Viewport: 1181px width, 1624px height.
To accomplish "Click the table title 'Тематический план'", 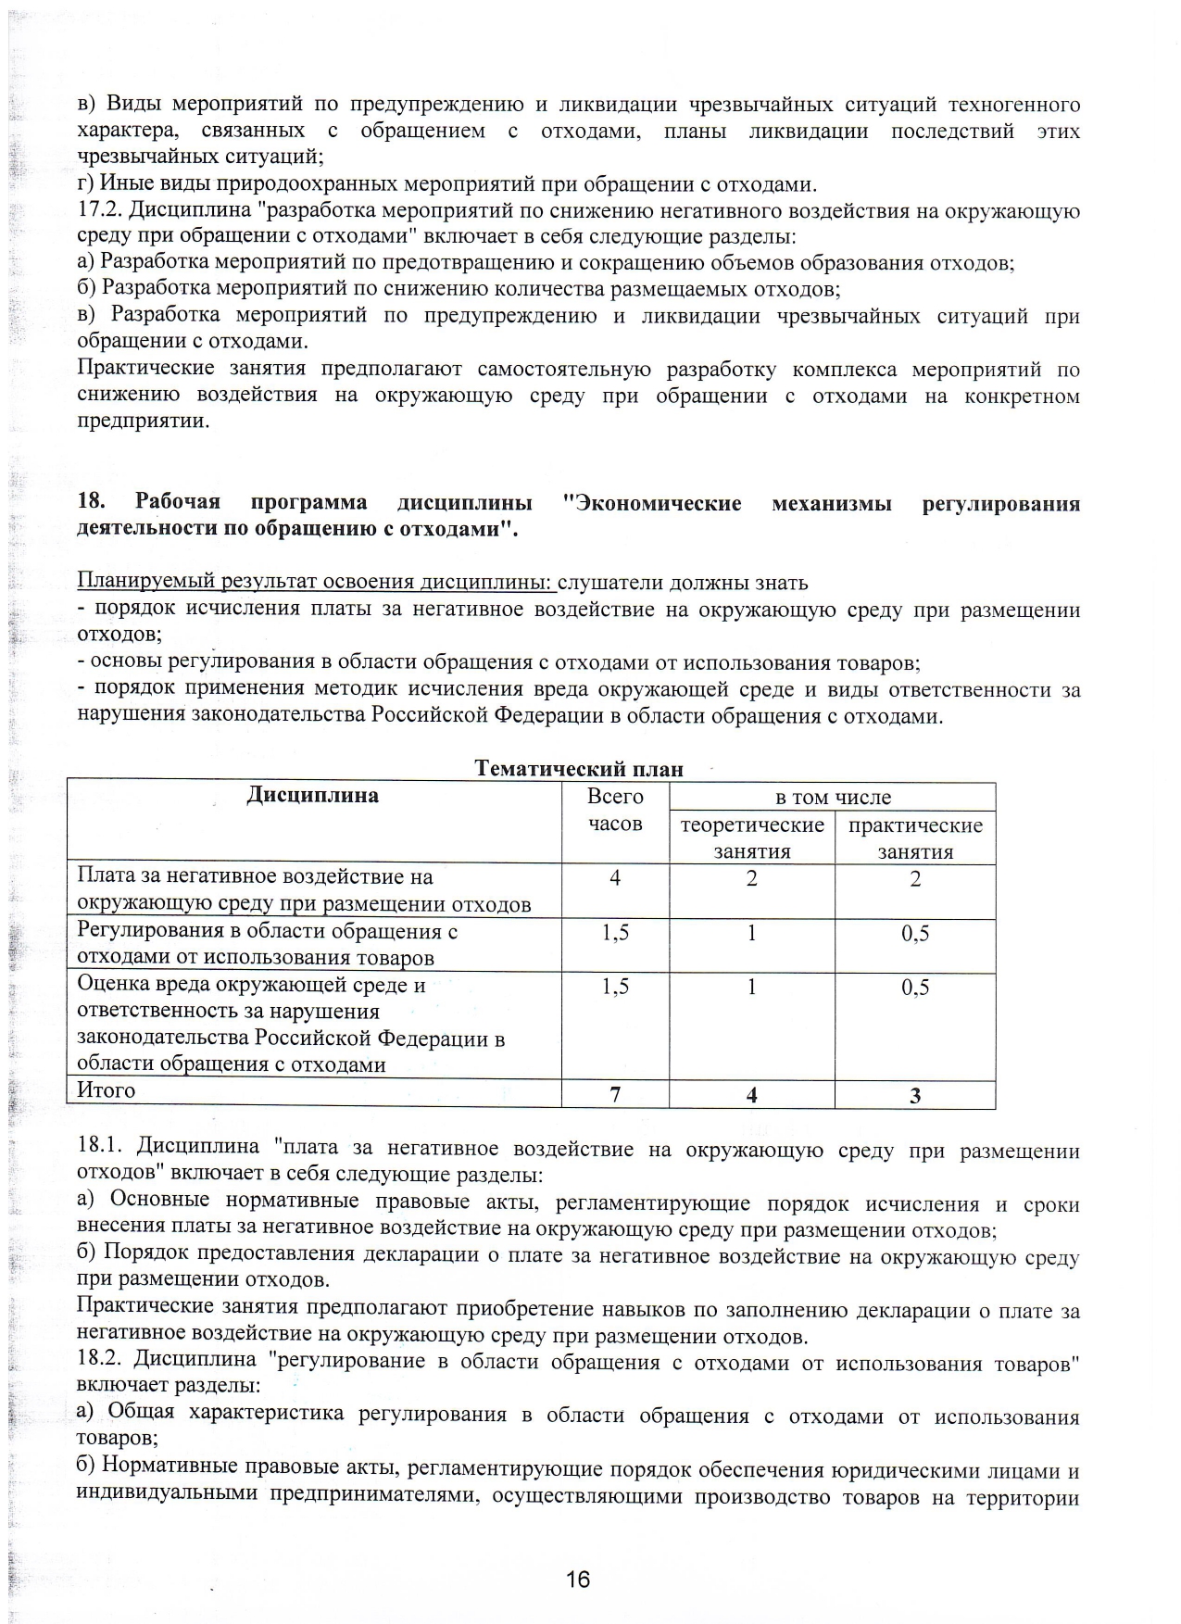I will [579, 769].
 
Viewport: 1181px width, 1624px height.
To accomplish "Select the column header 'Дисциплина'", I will [313, 796].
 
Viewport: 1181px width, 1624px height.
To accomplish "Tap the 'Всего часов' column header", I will [615, 810].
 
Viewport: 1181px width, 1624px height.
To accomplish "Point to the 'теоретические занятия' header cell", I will [751, 838].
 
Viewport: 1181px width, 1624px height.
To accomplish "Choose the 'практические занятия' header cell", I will [915, 838].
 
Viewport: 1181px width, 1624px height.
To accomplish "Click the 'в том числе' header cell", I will [833, 798].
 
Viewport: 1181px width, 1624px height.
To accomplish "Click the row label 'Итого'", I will [107, 1090].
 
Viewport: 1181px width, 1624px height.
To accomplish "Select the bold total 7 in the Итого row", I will [615, 1095].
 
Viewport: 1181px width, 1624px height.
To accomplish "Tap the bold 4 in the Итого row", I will [751, 1095].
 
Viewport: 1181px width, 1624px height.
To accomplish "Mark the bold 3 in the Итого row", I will [915, 1096].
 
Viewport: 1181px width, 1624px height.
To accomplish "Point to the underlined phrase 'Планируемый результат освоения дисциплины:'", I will [316, 583].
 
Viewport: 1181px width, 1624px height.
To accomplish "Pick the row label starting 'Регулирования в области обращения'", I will [268, 944].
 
